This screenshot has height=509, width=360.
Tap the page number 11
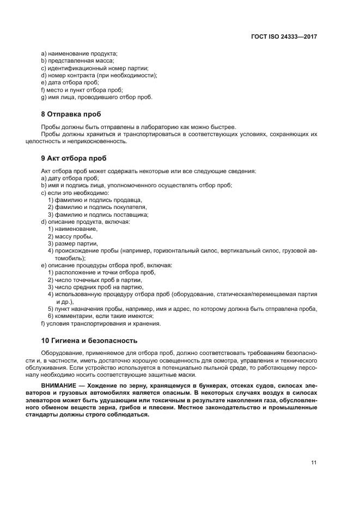tap(314, 463)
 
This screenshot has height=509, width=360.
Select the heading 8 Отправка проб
tap(71, 114)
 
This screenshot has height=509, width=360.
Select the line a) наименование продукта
tap(79, 53)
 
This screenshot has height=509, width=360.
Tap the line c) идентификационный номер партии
tap(94, 68)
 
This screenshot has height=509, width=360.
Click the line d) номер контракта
tap(99, 75)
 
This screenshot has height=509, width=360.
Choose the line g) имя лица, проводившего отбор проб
tap(97, 97)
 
